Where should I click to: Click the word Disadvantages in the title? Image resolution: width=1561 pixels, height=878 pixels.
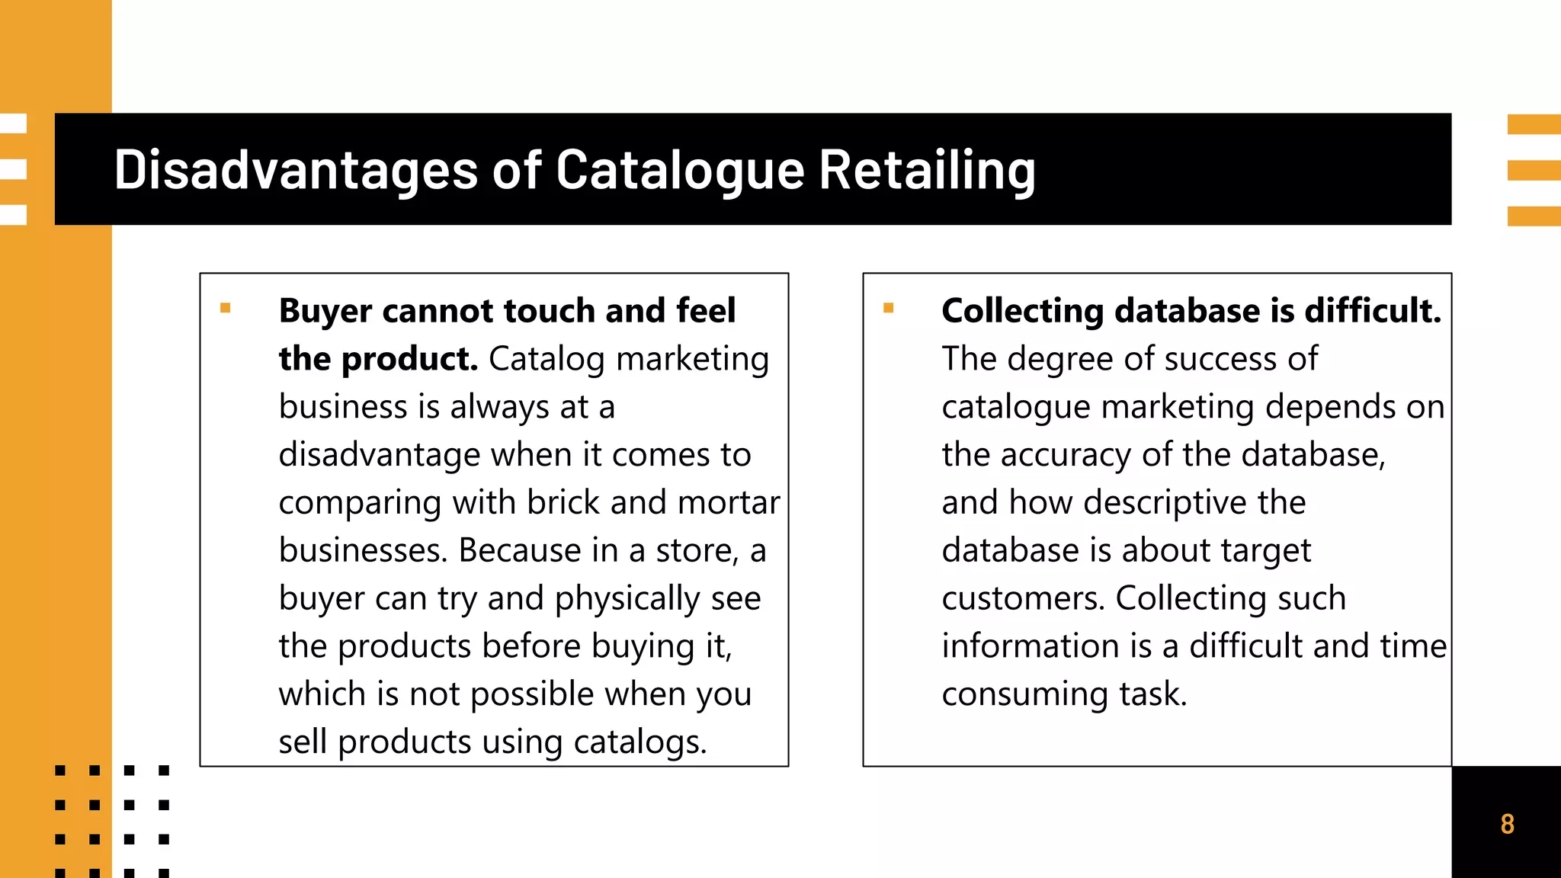tap(296, 169)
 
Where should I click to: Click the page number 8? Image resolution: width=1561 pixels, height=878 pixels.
tap(1507, 824)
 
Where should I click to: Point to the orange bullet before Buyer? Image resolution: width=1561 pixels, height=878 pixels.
tap(225, 309)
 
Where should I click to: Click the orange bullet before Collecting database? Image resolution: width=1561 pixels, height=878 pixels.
tap(888, 309)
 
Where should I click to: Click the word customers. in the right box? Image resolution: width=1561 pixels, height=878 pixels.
tap(1023, 599)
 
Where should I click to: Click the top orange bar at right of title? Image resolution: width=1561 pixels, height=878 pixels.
tap(1534, 124)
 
